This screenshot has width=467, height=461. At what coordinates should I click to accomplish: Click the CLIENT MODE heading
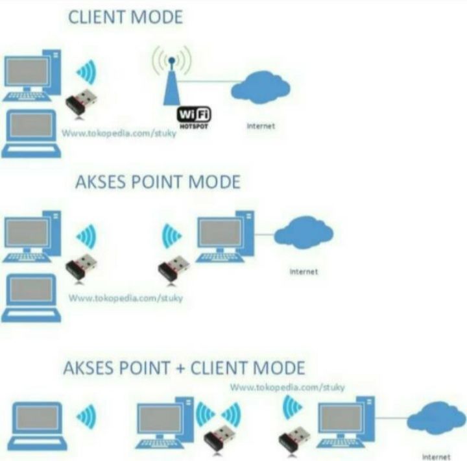coord(125,17)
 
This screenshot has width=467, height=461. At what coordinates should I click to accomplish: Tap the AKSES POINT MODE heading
coord(158,182)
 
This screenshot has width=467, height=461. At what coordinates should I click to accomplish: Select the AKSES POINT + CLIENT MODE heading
coord(184,368)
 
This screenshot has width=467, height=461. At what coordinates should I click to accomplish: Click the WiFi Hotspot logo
coord(194,118)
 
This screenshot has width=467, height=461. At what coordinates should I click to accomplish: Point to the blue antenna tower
coord(172,81)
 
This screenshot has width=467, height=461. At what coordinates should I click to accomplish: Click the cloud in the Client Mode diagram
coord(261,87)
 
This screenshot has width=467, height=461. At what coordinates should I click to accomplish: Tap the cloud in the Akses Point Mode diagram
coord(304,232)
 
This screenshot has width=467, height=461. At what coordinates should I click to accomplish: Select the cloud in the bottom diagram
coord(437,418)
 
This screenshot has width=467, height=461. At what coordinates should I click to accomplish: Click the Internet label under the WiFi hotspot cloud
coord(261,126)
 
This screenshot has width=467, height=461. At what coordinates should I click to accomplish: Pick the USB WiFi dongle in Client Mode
coord(81,103)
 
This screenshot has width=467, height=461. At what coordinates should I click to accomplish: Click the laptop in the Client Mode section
coord(31,134)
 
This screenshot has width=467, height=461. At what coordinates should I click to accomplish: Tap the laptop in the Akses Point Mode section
coord(31,298)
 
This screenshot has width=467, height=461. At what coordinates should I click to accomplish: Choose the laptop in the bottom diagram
coord(37,426)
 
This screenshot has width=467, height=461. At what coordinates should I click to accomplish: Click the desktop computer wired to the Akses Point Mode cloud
coord(225,236)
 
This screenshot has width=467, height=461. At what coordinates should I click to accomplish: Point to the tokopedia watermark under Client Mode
coord(119,133)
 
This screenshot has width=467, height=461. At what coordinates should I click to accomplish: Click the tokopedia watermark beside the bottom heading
coord(287,388)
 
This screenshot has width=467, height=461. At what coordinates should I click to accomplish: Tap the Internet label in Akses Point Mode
coord(304,271)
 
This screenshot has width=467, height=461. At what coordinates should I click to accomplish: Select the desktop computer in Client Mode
coord(32,75)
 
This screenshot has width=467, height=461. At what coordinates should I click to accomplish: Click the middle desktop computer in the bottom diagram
coord(165,423)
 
